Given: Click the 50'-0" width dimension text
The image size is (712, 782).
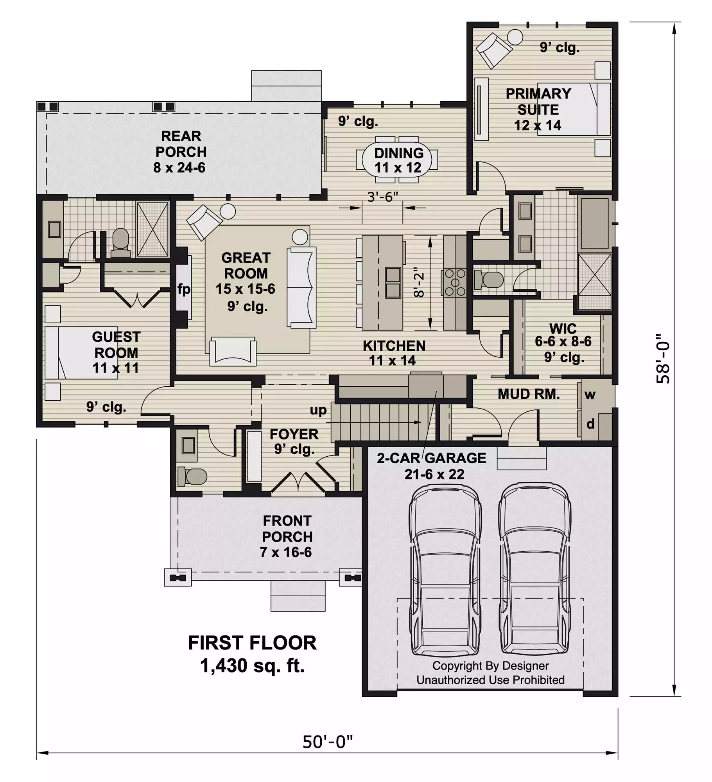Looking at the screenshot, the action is [x=327, y=741].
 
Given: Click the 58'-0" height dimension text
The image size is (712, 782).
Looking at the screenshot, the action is [x=663, y=359].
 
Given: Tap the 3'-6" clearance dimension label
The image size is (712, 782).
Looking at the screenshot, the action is [x=382, y=197].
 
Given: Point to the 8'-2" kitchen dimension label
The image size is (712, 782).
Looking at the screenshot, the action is [x=419, y=282].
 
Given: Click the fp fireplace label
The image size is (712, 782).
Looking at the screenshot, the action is [x=184, y=289].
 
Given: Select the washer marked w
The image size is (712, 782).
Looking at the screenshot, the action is [x=590, y=395].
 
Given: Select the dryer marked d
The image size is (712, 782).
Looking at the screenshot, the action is [x=590, y=424].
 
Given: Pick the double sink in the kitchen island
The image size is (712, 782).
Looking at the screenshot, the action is [x=393, y=282].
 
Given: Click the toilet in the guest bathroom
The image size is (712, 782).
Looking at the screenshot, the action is [x=120, y=243].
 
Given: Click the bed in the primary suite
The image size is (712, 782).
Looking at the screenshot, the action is [x=574, y=109].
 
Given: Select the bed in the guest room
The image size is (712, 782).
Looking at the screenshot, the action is [x=81, y=353].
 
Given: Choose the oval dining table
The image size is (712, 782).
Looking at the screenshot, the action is [x=397, y=160].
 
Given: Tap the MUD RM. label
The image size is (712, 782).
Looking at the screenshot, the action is [x=529, y=394].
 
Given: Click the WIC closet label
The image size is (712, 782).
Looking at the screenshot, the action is [x=563, y=328].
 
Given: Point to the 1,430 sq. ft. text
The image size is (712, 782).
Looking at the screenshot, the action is [x=252, y=666].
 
